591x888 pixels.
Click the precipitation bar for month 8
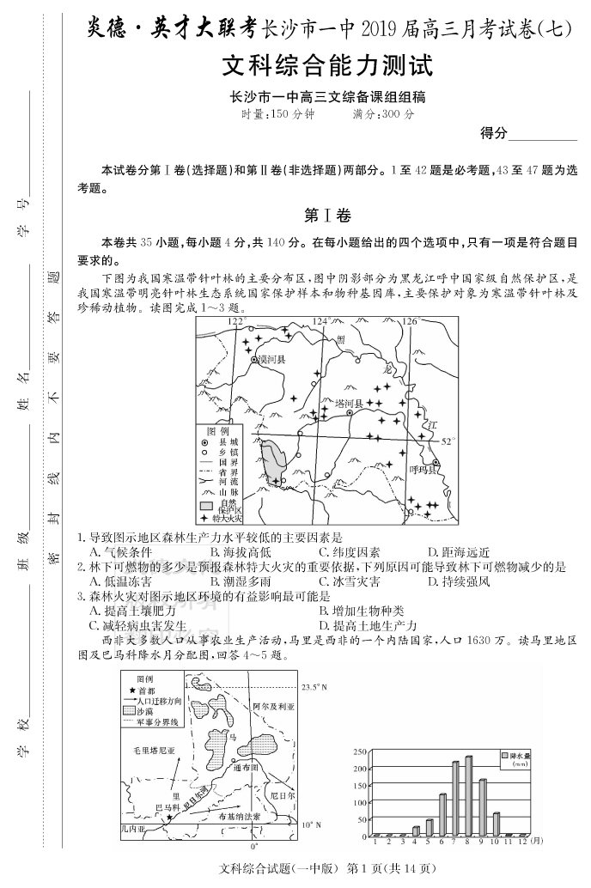pyautogui.click(x=468, y=796)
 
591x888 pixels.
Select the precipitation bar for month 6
pyautogui.click(x=442, y=815)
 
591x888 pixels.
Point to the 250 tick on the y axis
pyautogui.click(x=361, y=751)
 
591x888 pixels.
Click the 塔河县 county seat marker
pyautogui.click(x=350, y=413)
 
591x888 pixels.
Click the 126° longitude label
pyautogui.click(x=409, y=321)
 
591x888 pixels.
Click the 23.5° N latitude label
pyautogui.click(x=314, y=686)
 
